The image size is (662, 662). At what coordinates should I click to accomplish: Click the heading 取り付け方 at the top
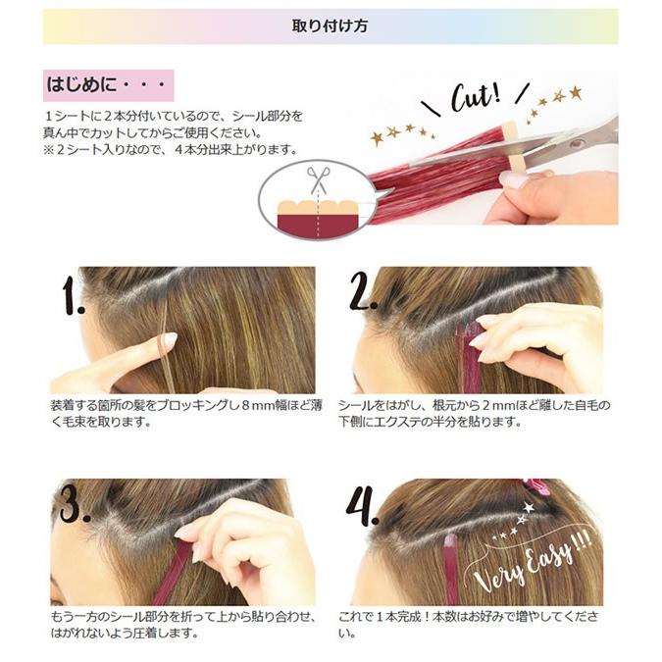(330, 26)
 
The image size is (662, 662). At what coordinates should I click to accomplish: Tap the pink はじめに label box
(109, 85)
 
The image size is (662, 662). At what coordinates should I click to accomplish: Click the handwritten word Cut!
(477, 97)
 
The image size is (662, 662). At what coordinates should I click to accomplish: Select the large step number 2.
(362, 290)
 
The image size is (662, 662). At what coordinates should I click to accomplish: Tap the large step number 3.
(75, 504)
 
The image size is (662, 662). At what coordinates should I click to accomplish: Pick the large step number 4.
(361, 506)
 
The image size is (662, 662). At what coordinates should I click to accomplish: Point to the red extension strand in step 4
(451, 570)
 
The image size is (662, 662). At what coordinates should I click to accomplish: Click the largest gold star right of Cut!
(575, 92)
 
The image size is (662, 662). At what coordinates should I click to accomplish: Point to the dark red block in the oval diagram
(318, 225)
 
